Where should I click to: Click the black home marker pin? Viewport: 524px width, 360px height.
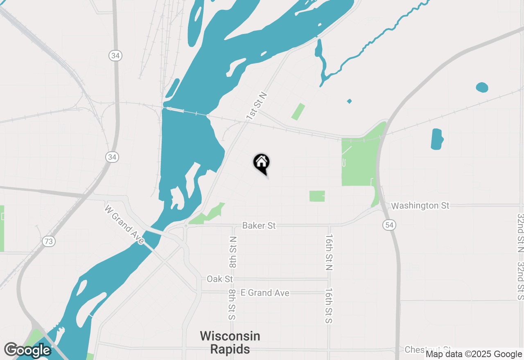(261, 163)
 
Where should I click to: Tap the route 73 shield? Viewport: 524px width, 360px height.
(48, 241)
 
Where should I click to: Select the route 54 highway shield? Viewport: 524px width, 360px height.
(390, 225)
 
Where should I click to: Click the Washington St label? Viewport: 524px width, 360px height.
(420, 205)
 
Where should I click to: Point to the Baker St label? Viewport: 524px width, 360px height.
(259, 225)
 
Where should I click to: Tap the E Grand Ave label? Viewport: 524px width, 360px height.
(265, 293)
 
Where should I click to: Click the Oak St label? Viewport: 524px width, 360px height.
(220, 279)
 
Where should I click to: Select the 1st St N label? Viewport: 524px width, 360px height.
(256, 106)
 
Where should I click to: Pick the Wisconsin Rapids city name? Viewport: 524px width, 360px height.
(230, 343)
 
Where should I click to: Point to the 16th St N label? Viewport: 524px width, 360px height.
(329, 252)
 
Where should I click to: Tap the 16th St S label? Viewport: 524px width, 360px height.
(328, 306)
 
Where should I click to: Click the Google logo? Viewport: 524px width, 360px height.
(27, 350)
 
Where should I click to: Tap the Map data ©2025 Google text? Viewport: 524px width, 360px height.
(474, 354)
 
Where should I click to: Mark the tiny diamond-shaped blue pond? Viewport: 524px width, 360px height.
(349, 101)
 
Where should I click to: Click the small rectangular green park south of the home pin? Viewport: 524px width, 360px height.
(317, 196)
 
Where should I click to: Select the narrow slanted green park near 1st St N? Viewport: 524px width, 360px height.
(298, 112)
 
